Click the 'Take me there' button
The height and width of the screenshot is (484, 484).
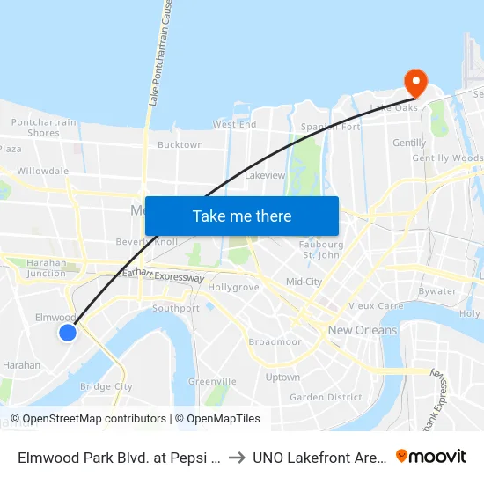pos(242,216)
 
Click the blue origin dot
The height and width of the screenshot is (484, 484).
pos(68,332)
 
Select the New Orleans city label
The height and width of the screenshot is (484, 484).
pos(363,331)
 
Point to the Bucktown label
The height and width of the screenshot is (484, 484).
pos(180,145)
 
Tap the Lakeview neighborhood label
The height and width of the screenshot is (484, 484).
pos(265,175)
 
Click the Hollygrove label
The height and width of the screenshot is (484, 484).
pos(234,288)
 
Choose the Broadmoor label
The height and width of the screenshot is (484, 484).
pos(275,341)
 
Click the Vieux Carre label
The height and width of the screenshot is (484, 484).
pos(376,305)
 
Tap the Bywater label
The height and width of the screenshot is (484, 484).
pos(437,291)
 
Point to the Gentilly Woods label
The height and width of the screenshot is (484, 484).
pos(454,158)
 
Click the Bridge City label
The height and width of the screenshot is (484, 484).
pos(106,386)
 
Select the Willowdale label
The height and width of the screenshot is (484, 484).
pos(42,171)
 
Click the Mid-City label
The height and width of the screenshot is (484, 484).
pos(304,282)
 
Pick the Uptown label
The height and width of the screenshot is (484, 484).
pos(283,377)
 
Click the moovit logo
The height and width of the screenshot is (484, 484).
pos(431,456)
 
